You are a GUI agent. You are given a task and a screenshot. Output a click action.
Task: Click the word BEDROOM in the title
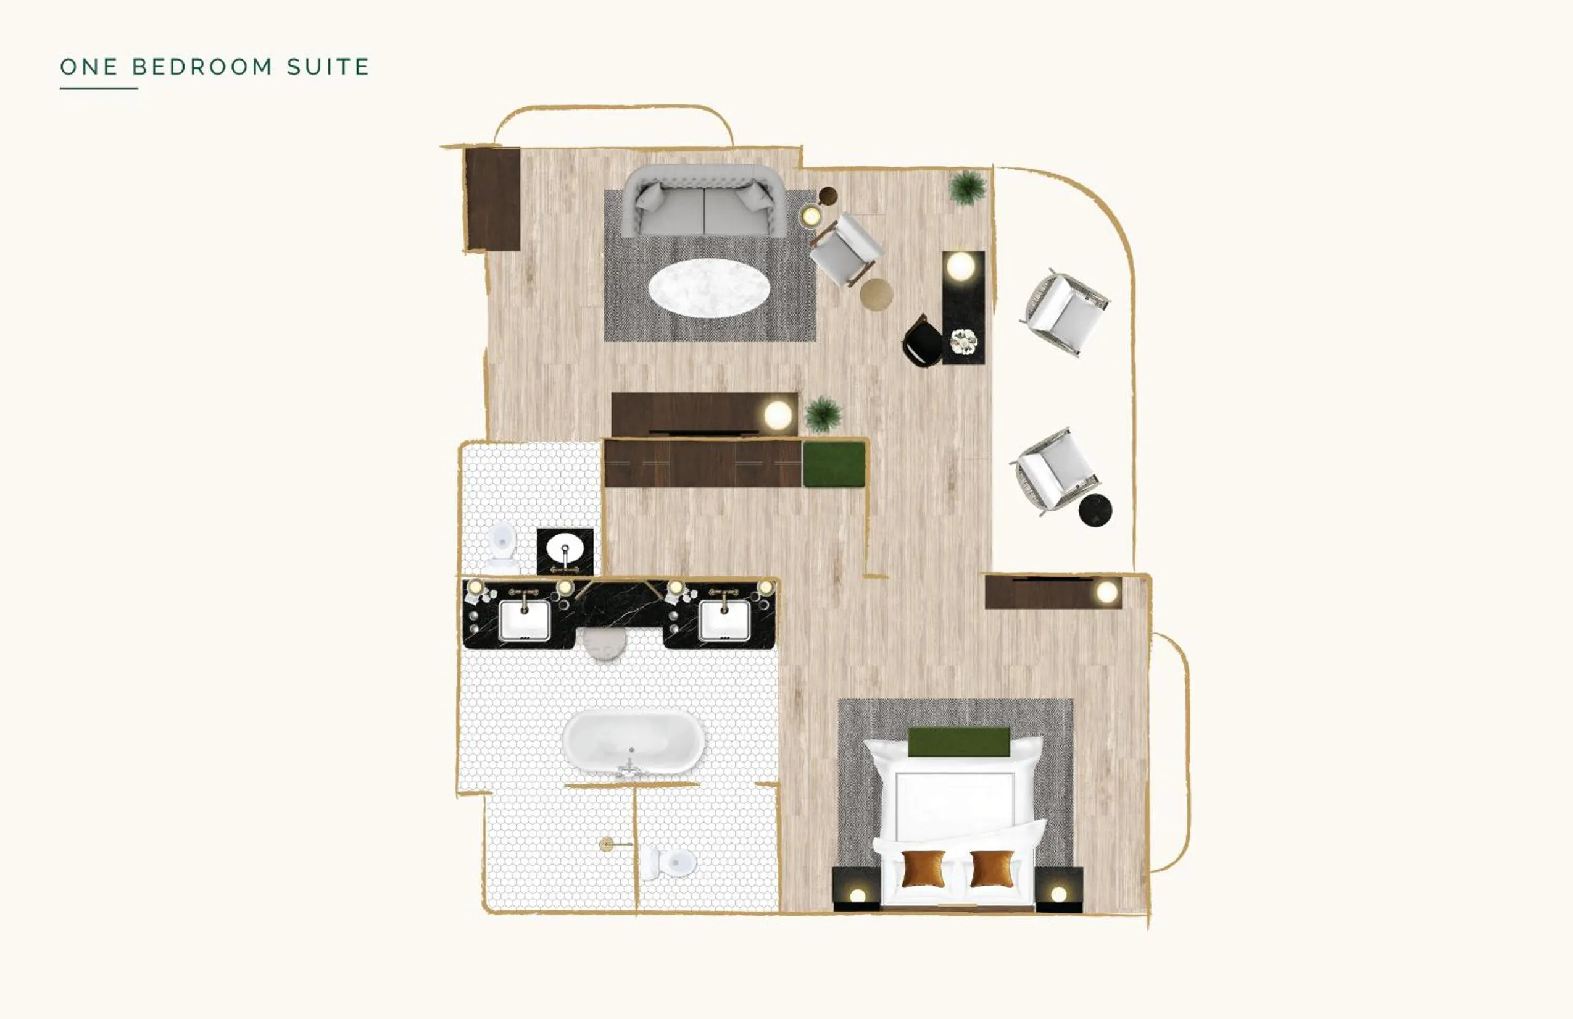(x=202, y=67)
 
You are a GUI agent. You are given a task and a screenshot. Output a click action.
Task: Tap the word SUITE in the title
(x=328, y=67)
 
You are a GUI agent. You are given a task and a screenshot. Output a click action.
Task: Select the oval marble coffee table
(x=709, y=288)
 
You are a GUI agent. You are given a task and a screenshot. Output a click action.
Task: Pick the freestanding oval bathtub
(x=633, y=742)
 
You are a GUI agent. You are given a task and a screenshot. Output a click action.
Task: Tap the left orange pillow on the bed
(x=923, y=869)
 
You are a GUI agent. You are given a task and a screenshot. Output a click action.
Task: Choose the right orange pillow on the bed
(x=992, y=869)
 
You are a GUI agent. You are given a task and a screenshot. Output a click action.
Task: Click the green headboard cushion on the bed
(x=959, y=741)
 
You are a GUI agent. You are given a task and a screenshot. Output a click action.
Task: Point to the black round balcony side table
(x=1095, y=510)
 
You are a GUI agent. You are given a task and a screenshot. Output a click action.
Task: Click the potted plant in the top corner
(x=968, y=188)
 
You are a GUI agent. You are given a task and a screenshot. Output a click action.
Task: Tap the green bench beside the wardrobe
(x=834, y=464)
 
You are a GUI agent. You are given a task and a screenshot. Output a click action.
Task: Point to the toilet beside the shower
(x=673, y=862)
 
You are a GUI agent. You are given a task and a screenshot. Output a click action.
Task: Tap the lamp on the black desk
(x=960, y=267)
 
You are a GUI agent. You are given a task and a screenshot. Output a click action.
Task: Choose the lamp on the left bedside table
(x=857, y=895)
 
